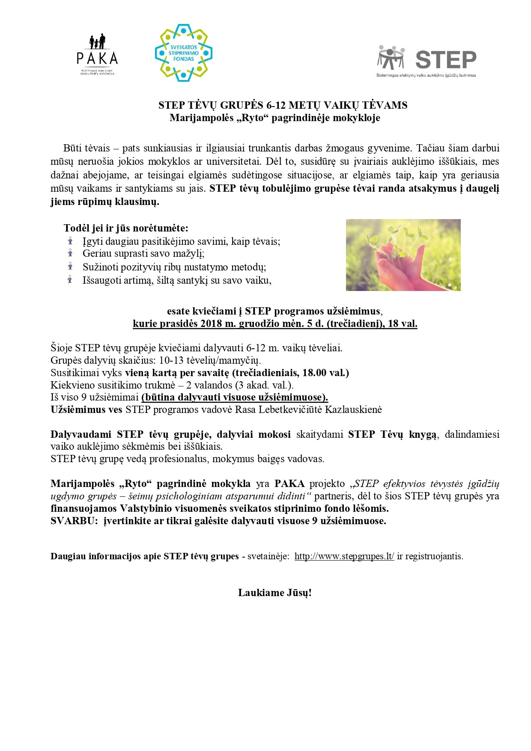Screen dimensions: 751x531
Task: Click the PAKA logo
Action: click(x=97, y=54)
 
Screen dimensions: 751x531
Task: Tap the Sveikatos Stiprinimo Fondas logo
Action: click(x=184, y=53)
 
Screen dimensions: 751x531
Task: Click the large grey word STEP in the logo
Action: click(x=446, y=59)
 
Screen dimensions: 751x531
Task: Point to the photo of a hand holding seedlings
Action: click(x=403, y=255)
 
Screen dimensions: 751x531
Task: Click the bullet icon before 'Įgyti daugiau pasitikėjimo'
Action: click(x=70, y=241)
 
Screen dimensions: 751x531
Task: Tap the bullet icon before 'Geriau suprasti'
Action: click(x=70, y=253)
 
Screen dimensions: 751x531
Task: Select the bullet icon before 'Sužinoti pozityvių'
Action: click(x=70, y=267)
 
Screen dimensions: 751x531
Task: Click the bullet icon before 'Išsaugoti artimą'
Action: click(x=70, y=280)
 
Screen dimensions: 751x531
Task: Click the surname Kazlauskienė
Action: click(x=353, y=410)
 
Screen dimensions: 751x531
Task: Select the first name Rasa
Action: click(x=246, y=410)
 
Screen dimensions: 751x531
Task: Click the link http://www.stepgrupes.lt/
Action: click(x=344, y=556)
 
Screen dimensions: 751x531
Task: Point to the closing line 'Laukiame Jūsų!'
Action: click(x=274, y=593)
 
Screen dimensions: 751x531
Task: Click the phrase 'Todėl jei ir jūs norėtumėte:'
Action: click(x=126, y=228)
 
